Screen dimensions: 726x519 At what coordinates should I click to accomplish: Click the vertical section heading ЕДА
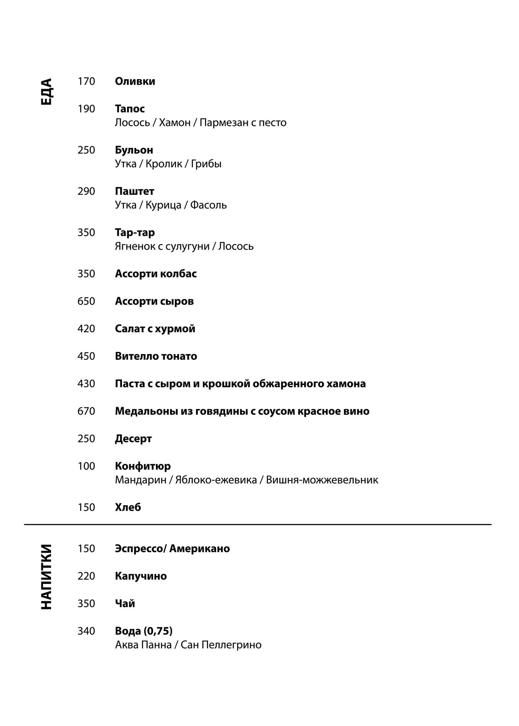[46, 91]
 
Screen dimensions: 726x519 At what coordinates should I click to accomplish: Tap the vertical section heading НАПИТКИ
[46, 577]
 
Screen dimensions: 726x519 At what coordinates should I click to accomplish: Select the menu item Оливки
[135, 82]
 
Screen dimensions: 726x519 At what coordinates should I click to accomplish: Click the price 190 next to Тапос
[86, 109]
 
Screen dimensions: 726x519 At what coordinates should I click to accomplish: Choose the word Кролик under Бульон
[164, 164]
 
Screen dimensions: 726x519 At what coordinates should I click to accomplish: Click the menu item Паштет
[135, 191]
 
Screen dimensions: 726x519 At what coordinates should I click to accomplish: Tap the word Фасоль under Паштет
[208, 205]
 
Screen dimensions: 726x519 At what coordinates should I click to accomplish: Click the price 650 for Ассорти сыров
[86, 301]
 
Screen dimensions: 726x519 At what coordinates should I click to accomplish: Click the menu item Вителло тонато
[156, 356]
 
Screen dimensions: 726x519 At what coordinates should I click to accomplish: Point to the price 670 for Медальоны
[86, 411]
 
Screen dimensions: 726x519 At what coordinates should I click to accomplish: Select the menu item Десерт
[133, 439]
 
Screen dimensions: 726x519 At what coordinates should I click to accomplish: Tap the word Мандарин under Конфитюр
[141, 480]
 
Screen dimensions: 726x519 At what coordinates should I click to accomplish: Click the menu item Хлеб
[128, 508]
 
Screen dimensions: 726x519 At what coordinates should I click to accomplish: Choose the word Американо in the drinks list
[199, 549]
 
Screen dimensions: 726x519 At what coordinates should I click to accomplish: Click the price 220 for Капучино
[86, 576]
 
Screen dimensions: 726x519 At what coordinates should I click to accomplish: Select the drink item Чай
[125, 603]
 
